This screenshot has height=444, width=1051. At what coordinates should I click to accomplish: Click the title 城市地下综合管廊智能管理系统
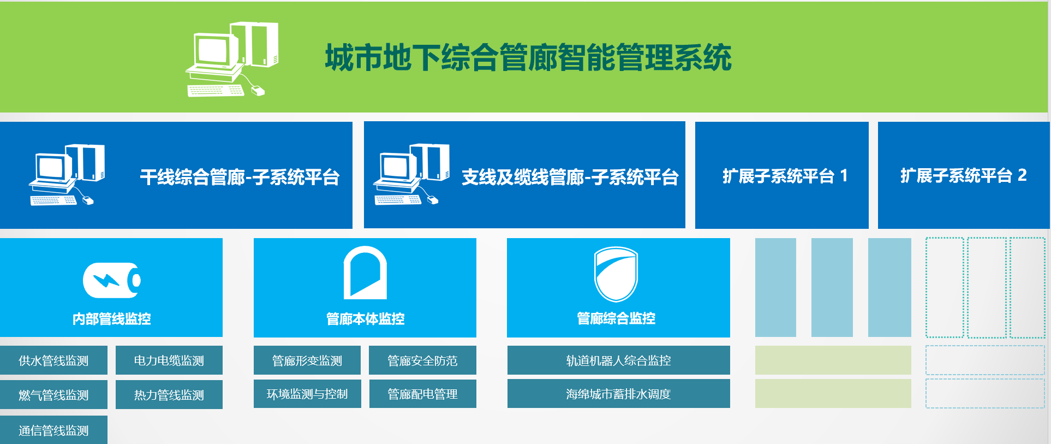coord(528,57)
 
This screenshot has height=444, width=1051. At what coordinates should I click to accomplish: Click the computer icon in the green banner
coord(232,60)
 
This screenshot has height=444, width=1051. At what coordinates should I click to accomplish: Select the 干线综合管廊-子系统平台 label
coord(240,177)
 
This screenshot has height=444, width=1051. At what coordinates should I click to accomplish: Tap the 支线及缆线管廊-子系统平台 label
coord(570,177)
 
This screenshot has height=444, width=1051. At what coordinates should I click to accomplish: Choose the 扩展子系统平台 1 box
coord(782,175)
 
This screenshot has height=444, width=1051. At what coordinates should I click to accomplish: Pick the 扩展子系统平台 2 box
coord(964,175)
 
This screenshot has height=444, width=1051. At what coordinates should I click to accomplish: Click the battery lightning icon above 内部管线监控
coord(112,280)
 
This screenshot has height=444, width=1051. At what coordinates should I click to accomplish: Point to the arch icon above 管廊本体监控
coord(365,273)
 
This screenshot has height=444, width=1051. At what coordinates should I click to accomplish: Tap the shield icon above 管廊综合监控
coord(616,274)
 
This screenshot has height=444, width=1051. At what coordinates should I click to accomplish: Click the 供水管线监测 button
coord(53,360)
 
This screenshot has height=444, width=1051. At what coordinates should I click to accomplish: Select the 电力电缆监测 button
coord(169,360)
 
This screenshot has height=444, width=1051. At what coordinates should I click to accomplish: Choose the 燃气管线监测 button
coord(53,394)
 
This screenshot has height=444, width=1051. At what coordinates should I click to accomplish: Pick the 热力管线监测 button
coord(169,394)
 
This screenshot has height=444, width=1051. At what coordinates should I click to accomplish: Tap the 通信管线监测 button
coord(53,430)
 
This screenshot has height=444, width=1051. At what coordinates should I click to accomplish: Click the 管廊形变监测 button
coord(307,360)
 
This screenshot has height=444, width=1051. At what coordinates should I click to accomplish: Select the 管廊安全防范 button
coord(422,360)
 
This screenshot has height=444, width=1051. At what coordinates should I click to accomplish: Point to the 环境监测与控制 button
coord(307,394)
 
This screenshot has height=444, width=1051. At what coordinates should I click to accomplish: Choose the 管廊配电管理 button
coord(423,394)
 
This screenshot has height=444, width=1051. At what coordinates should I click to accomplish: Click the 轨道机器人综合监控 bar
coord(619,360)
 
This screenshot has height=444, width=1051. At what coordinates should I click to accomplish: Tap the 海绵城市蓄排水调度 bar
coord(619,394)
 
